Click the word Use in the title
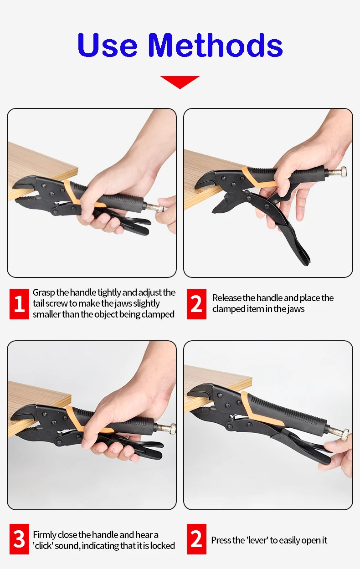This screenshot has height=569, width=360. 108,45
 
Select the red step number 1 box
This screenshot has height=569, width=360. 19,304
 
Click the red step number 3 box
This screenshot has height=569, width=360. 19,539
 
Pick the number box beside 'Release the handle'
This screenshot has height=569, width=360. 196,304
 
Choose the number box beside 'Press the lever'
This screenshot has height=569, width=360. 196,539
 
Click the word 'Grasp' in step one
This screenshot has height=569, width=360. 44,293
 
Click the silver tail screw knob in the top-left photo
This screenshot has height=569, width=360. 160,209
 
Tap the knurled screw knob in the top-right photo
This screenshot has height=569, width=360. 343,172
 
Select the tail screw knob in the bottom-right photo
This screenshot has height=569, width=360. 345,434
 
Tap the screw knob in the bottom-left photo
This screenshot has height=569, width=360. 173,429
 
